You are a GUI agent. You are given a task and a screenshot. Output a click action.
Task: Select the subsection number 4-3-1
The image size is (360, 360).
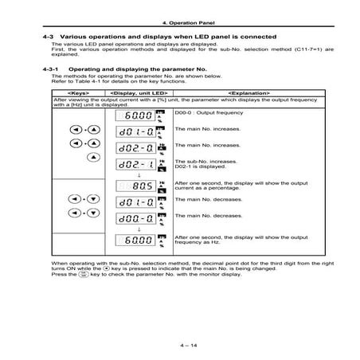[x=53, y=69]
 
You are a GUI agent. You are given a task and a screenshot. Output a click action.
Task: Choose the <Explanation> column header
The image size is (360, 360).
[x=240, y=93]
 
